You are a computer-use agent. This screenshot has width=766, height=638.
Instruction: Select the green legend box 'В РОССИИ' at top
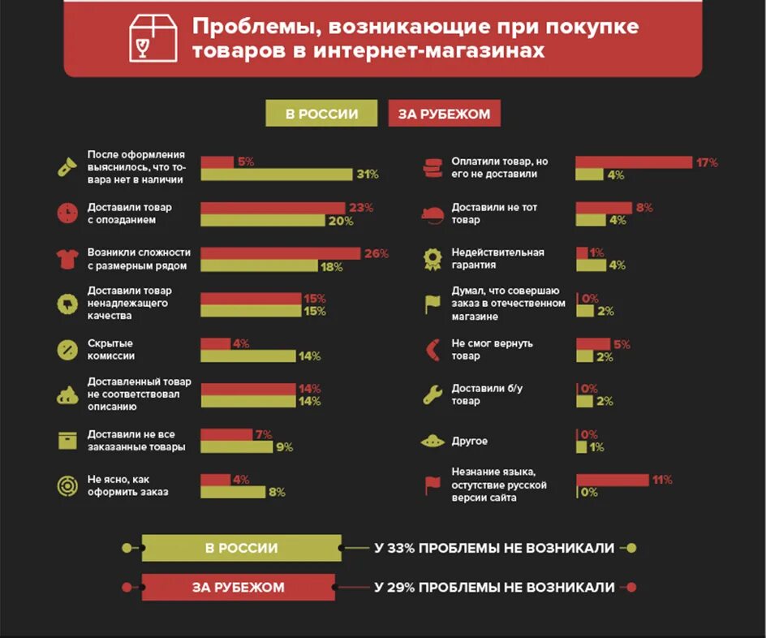coord(321,114)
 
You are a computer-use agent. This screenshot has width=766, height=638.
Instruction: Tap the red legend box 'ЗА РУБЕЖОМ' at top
coord(445,114)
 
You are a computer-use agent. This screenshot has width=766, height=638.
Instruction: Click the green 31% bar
coord(277,175)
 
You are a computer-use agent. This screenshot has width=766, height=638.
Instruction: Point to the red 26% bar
coord(280,253)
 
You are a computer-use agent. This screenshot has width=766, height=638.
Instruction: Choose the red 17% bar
coord(633,162)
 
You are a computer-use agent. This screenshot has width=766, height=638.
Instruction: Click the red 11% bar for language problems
coord(612,480)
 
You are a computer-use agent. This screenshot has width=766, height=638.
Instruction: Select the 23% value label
coord(361,208)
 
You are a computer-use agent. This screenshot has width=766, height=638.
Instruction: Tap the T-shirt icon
coord(66,258)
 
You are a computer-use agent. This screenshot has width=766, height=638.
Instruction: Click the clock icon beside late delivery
coord(66,213)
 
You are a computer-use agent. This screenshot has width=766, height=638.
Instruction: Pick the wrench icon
coord(432,395)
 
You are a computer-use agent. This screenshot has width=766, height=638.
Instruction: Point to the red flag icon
coord(432,485)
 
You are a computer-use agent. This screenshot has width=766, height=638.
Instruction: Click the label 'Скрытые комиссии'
coord(111,349)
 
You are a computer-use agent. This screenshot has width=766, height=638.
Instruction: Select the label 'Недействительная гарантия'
coord(497,258)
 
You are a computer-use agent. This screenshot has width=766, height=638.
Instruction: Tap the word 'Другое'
coord(471,441)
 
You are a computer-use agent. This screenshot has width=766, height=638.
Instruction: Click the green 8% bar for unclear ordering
coord(233,492)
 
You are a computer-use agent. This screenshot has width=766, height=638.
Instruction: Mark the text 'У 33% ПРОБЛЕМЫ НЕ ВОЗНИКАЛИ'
coord(494,548)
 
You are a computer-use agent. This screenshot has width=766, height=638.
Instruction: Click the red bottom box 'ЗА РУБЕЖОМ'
coord(239,588)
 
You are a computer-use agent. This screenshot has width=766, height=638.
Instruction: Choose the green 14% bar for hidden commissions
coord(248,356)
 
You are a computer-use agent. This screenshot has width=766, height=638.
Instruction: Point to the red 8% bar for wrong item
coord(603,208)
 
